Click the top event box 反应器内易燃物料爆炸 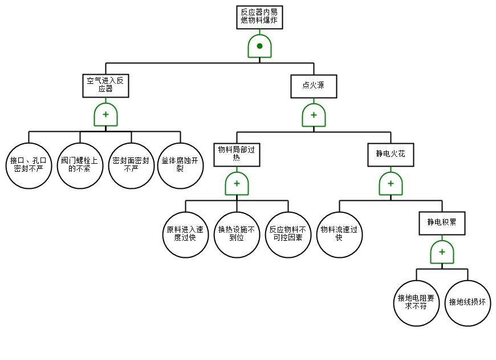click(x=259, y=17)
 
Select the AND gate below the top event click(x=259, y=46)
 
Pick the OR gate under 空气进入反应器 click(x=105, y=115)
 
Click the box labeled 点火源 click(x=314, y=86)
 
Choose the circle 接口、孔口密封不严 click(x=29, y=165)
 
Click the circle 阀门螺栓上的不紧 click(x=80, y=165)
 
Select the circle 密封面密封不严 click(x=131, y=165)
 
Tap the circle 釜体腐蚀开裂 click(x=180, y=165)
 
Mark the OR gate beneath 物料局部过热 click(x=237, y=183)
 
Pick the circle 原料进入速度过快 click(x=185, y=234)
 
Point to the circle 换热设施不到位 click(x=237, y=234)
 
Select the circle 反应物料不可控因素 click(x=288, y=234)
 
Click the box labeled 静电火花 click(x=391, y=154)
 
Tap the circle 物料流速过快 click(x=339, y=234)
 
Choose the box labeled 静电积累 click(x=442, y=223)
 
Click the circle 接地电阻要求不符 click(x=416, y=302)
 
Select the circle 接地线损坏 click(x=467, y=302)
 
